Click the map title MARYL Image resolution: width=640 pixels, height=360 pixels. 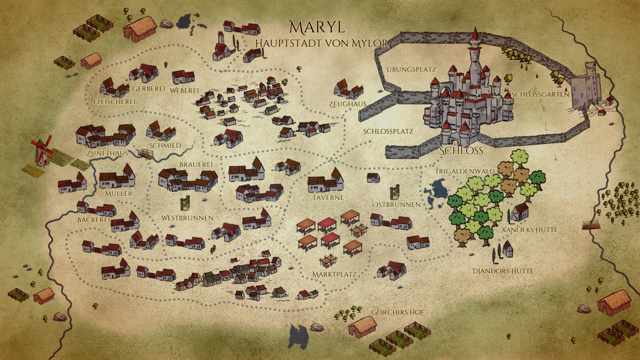coord(316,27)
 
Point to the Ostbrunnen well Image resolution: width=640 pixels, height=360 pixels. coord(394,191)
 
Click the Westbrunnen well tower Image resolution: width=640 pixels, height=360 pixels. coord(186,203)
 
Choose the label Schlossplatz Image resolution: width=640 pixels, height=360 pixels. coord(388,131)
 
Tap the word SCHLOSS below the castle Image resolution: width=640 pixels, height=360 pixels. coord(462,151)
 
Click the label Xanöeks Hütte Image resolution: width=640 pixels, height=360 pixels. coord(529,230)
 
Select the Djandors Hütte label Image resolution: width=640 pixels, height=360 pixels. coord(503,271)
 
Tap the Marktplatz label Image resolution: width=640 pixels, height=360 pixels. coord(333,273)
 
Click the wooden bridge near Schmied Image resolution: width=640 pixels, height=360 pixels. coord(145,154)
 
